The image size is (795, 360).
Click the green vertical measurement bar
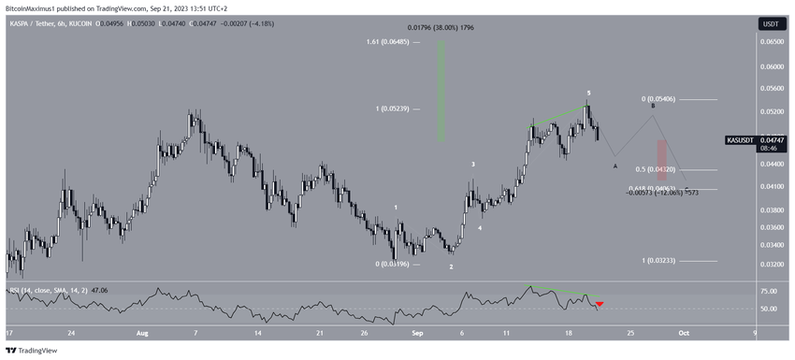coord(441,94)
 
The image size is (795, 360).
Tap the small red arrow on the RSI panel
coord(600,304)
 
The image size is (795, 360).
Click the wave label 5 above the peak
coord(588,94)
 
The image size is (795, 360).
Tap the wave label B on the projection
coord(653,107)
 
